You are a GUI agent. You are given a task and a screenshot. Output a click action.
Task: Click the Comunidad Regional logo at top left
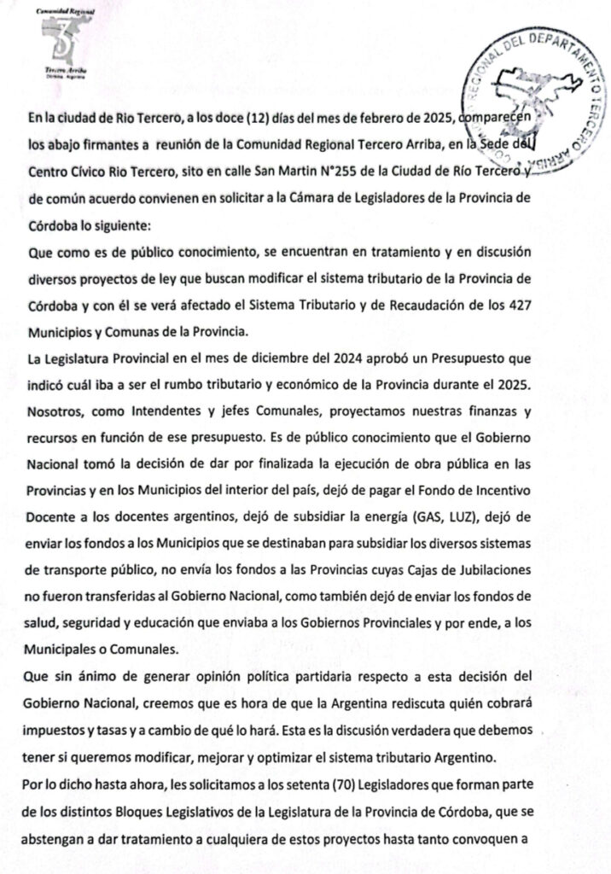(x=59, y=44)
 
